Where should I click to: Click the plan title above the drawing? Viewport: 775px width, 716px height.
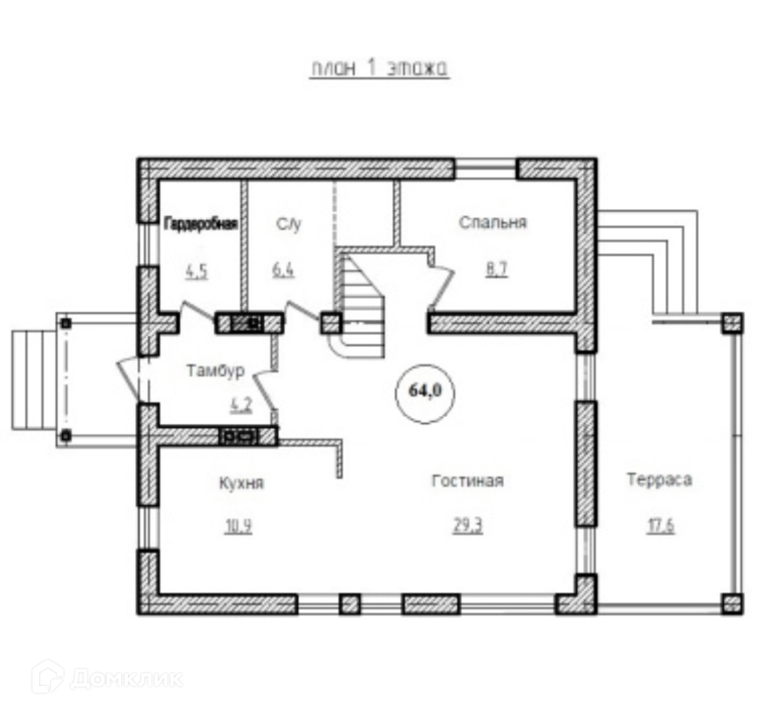point(380,68)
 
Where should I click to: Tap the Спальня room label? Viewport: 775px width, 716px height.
point(493,223)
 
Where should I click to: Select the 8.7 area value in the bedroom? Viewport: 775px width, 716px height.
point(497,270)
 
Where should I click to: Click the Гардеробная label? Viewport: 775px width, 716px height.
point(201,224)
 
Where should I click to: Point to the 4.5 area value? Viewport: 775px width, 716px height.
point(197,272)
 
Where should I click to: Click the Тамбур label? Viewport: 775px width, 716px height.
point(215,370)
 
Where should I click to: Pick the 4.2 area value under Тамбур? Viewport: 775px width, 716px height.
point(240,404)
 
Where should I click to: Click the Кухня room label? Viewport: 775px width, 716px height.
point(241,483)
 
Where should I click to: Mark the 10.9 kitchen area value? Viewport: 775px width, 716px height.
point(238,527)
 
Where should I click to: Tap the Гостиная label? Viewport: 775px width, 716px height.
point(467,481)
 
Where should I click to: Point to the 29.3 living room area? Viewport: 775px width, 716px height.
point(468,526)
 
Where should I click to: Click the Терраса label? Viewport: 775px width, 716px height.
point(659,480)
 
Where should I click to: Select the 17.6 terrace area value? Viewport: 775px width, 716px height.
point(660,527)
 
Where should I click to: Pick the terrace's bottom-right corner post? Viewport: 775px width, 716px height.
point(731,603)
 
